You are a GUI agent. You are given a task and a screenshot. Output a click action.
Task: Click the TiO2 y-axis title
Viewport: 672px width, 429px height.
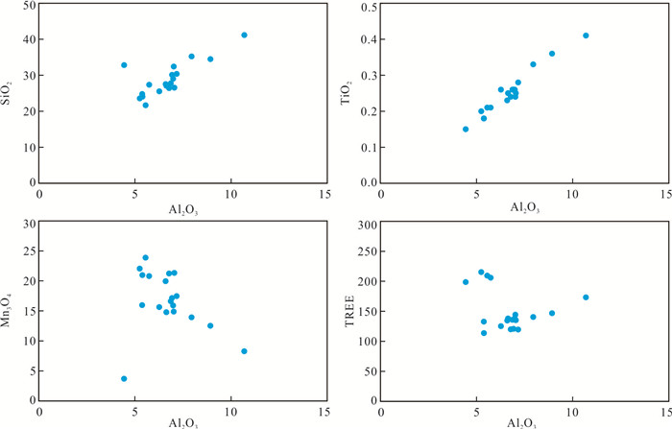tap(353, 94)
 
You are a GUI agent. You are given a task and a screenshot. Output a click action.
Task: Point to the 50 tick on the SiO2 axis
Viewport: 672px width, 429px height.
tap(30, 6)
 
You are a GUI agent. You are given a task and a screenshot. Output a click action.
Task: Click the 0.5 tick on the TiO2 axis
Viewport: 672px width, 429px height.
tap(367, 6)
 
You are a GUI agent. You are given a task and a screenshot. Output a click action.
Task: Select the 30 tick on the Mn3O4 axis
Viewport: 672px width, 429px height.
tap(30, 225)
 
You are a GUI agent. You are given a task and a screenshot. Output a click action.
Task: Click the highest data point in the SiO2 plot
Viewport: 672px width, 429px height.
tap(245, 36)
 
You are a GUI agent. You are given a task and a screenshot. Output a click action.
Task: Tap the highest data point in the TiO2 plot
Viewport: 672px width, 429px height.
tap(586, 36)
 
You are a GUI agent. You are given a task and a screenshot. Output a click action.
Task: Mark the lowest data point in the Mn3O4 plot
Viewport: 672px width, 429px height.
tap(124, 379)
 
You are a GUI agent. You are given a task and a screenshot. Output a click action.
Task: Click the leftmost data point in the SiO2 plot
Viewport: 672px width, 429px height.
tap(124, 65)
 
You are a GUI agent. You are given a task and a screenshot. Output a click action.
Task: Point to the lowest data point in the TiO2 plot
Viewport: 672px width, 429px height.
tap(466, 129)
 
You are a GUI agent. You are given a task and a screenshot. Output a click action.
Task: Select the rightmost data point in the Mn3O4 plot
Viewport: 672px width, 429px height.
tap(245, 351)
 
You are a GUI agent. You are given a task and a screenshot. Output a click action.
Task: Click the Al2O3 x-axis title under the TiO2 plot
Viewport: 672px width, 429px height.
tap(524, 206)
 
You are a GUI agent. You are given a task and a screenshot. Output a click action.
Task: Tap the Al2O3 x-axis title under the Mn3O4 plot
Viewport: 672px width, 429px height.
tap(182, 422)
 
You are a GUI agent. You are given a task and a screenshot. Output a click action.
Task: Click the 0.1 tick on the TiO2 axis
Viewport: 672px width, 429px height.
tap(367, 148)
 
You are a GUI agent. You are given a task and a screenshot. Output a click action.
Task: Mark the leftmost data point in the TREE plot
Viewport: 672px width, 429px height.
tap(466, 282)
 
